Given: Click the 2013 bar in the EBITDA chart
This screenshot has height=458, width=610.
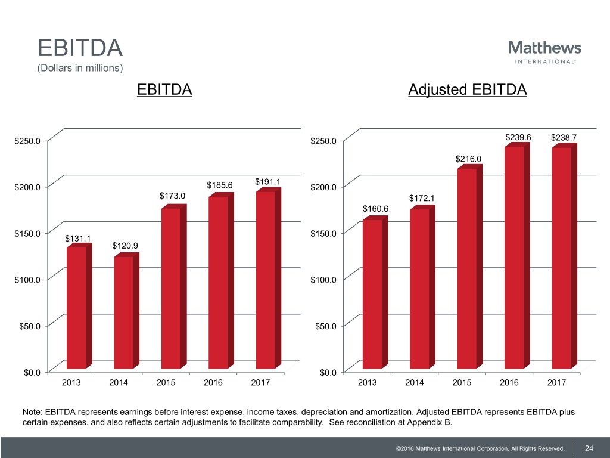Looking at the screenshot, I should pyautogui.click(x=76, y=307).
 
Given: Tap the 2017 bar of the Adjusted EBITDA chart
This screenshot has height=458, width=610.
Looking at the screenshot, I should pyautogui.click(x=562, y=256).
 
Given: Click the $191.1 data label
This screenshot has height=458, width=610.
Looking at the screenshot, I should pyautogui.click(x=267, y=182).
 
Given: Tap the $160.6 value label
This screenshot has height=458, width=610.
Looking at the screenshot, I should pyautogui.click(x=375, y=208).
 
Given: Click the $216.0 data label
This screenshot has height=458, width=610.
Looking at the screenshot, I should pyautogui.click(x=468, y=159).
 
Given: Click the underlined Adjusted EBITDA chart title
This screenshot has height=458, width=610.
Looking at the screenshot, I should pyautogui.click(x=468, y=90).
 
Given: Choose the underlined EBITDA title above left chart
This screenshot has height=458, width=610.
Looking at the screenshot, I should pyautogui.click(x=164, y=90).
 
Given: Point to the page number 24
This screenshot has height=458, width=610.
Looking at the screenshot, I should pyautogui.click(x=589, y=448).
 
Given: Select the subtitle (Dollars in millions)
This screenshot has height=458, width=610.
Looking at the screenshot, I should pyautogui.click(x=80, y=68).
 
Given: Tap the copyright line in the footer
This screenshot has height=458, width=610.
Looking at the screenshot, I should pyautogui.click(x=476, y=448).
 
